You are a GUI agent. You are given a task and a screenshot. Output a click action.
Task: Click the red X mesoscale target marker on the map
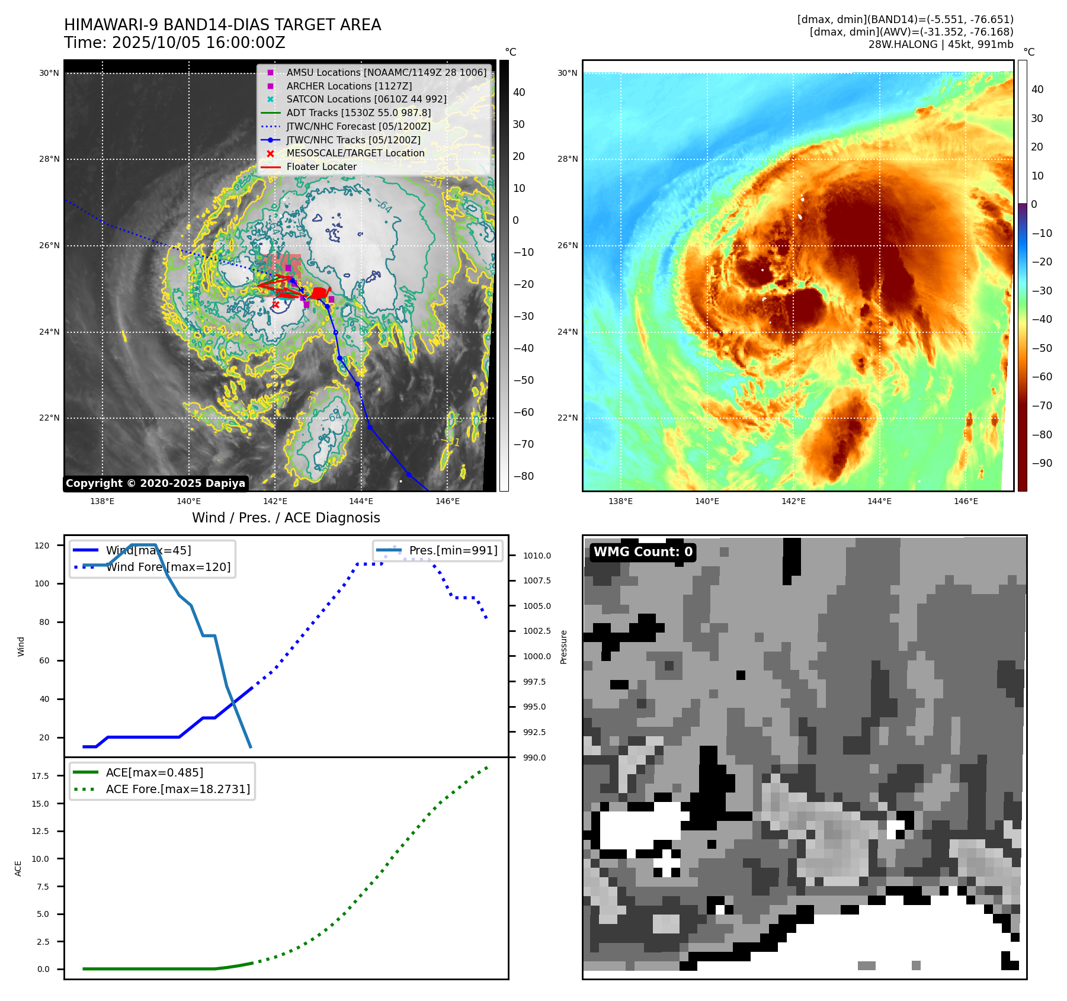pyautogui.click(x=275, y=304)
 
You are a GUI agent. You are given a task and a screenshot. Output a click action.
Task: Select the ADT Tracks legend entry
pyautogui.click(x=358, y=113)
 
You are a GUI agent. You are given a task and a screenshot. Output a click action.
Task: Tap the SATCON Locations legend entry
pyautogui.click(x=366, y=99)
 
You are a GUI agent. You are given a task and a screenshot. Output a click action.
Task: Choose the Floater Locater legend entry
pyautogui.click(x=321, y=166)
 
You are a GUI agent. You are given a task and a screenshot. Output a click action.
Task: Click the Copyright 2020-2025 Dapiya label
pyautogui.click(x=155, y=483)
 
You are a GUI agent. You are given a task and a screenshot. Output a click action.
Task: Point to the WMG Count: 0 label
pyautogui.click(x=643, y=552)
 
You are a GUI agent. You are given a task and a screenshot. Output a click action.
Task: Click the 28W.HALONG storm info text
pyautogui.click(x=940, y=44)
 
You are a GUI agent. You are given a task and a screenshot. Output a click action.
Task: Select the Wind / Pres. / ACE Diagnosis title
pyautogui.click(x=286, y=518)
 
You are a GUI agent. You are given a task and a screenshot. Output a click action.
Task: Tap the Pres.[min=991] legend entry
pyautogui.click(x=453, y=550)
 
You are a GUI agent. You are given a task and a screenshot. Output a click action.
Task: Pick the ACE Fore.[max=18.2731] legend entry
pyautogui.click(x=178, y=789)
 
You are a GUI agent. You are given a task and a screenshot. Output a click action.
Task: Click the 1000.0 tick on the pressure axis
pyautogui.click(x=537, y=656)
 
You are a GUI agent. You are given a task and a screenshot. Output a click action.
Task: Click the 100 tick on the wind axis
pyautogui.click(x=42, y=583)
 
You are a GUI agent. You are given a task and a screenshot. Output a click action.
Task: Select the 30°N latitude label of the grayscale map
pyautogui.click(x=49, y=73)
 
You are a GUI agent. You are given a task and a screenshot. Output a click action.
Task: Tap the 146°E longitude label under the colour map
pyautogui.click(x=966, y=501)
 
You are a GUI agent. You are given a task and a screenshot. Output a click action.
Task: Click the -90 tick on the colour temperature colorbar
pyautogui.click(x=1042, y=463)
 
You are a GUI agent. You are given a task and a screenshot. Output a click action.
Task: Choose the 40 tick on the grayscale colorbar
pyautogui.click(x=519, y=92)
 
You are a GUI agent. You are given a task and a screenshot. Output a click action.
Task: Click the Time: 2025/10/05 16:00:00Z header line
pyautogui.click(x=175, y=43)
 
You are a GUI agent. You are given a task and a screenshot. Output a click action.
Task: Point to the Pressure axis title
pyautogui.click(x=563, y=647)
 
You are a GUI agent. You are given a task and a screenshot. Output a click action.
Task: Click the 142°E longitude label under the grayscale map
pyautogui.click(x=275, y=501)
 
